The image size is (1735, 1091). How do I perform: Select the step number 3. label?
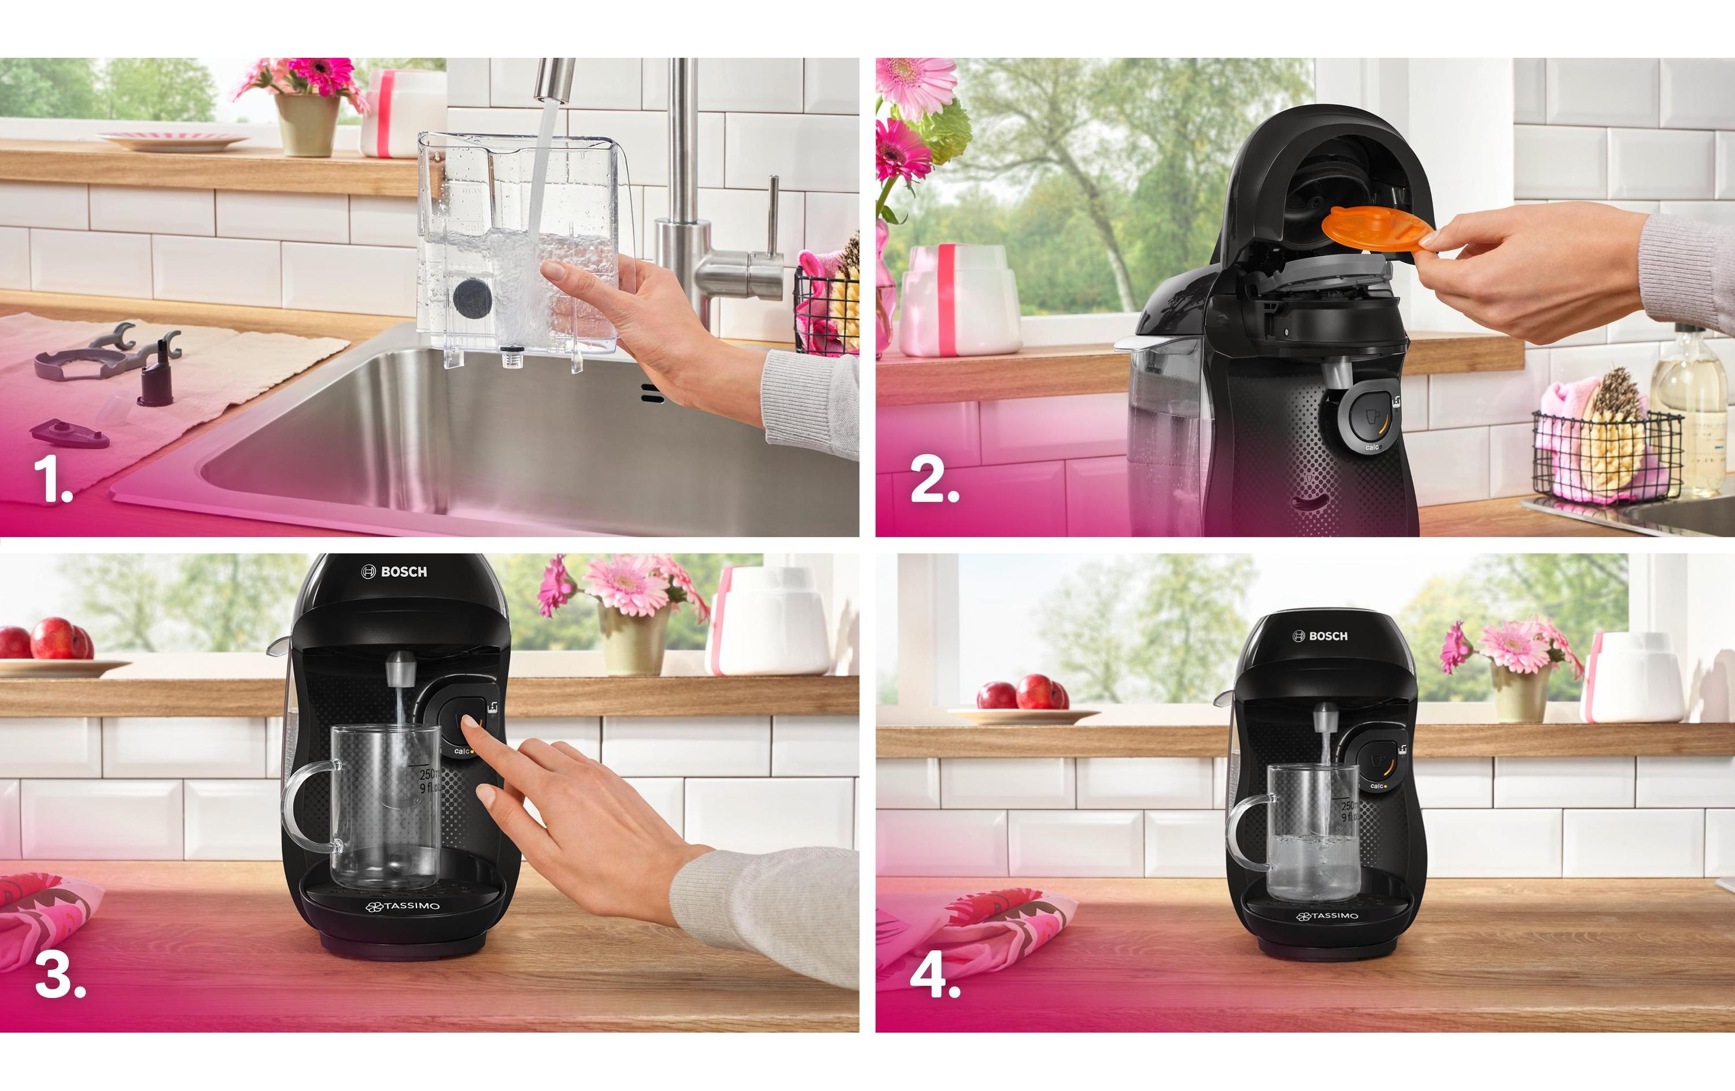point(59,977)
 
